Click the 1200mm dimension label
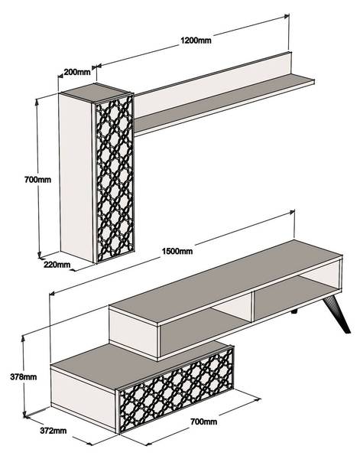(196, 40)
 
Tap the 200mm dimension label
(77, 72)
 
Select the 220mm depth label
(57, 265)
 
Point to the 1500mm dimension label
(177, 251)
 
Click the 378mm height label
(24, 376)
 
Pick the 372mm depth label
(54, 431)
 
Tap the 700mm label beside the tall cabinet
(37, 180)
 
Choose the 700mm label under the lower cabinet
(204, 422)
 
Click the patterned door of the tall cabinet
(115, 177)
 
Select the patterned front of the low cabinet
(177, 389)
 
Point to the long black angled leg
(336, 314)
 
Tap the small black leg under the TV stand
(294, 311)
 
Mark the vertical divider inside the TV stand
(251, 309)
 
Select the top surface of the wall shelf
(224, 103)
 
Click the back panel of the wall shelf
(213, 83)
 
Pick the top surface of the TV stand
(227, 281)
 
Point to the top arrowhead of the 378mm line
(23, 338)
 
